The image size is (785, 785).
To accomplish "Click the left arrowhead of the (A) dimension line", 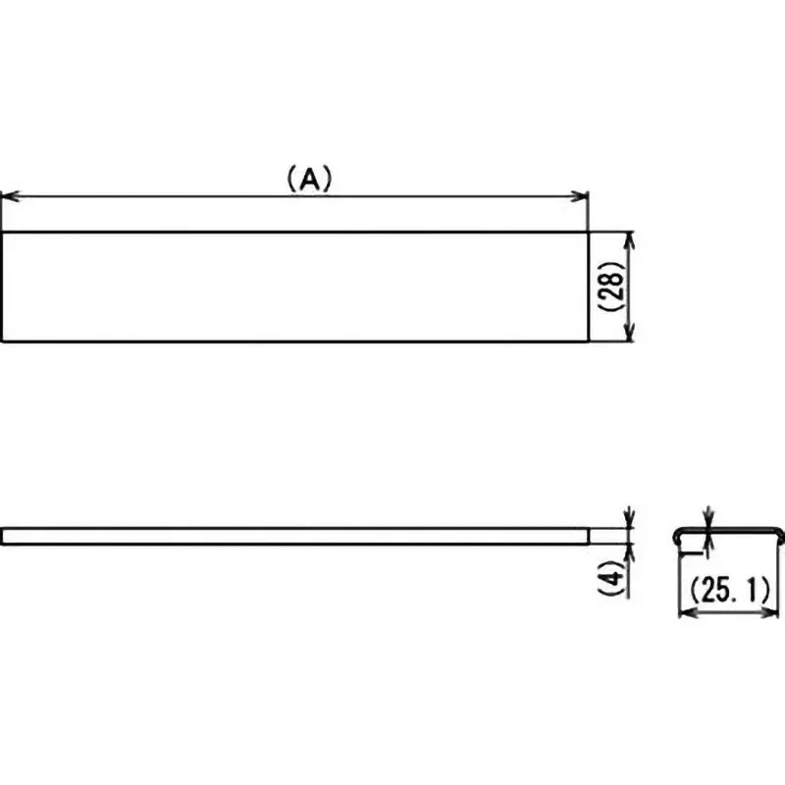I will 7,197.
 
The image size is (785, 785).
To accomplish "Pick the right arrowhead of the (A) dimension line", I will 581,197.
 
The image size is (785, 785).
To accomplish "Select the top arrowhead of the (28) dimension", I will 630,238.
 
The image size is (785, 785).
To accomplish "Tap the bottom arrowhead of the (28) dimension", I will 630,336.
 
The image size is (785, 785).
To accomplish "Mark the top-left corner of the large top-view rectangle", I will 2,233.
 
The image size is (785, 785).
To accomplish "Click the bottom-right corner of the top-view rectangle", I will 587,341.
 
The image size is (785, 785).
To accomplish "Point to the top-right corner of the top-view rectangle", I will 587,233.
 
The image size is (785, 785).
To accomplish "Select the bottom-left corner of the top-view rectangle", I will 2,341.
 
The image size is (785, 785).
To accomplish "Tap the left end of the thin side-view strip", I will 3,536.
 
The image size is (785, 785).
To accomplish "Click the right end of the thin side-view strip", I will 586,536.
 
